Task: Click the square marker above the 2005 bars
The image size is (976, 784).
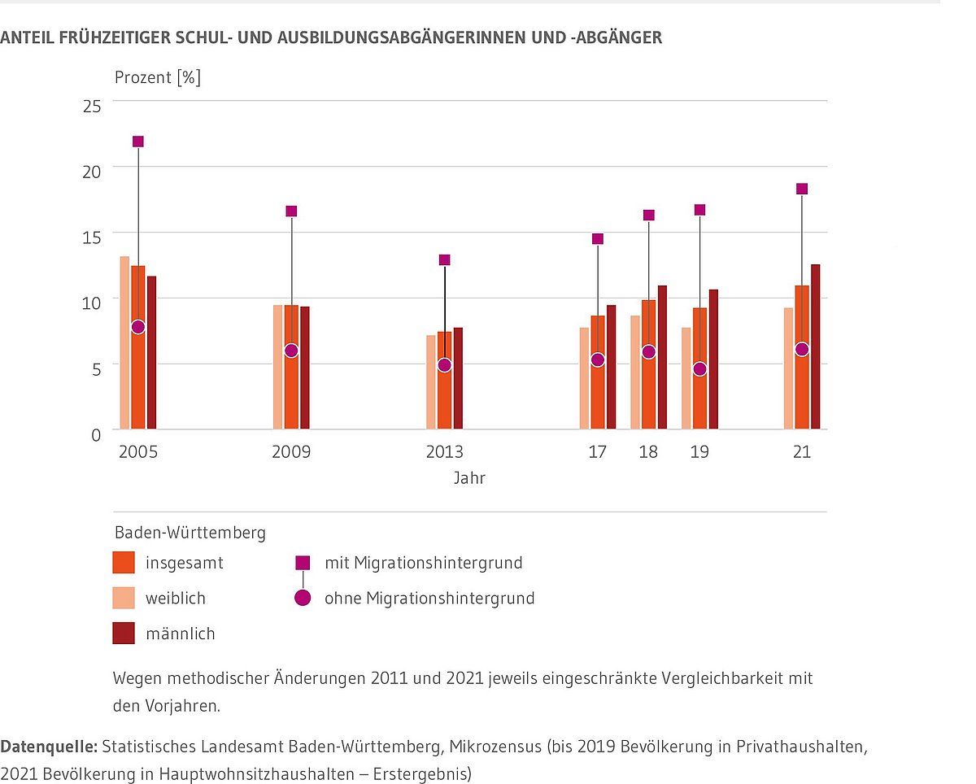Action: pos(138,142)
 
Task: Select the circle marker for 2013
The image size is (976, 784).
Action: pos(444,365)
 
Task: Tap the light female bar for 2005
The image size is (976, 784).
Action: pos(124,342)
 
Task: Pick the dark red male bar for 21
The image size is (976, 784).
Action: pos(815,346)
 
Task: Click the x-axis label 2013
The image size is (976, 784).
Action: pos(444,452)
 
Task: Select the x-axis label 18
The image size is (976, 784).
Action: pos(648,452)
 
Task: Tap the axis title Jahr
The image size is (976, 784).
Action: pos(469,478)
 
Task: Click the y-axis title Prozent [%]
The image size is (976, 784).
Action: pos(158,78)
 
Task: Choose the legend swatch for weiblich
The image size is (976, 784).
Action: pos(124,599)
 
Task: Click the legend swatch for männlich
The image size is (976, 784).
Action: pos(124,634)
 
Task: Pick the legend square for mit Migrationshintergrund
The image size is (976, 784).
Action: pos(303,562)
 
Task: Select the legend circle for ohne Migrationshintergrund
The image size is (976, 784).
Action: pos(303,599)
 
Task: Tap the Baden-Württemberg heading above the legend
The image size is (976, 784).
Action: pos(190,534)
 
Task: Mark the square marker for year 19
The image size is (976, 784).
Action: pos(699,210)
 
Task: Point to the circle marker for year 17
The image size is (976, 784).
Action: pos(598,359)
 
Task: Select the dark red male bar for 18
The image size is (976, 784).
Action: pos(662,357)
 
